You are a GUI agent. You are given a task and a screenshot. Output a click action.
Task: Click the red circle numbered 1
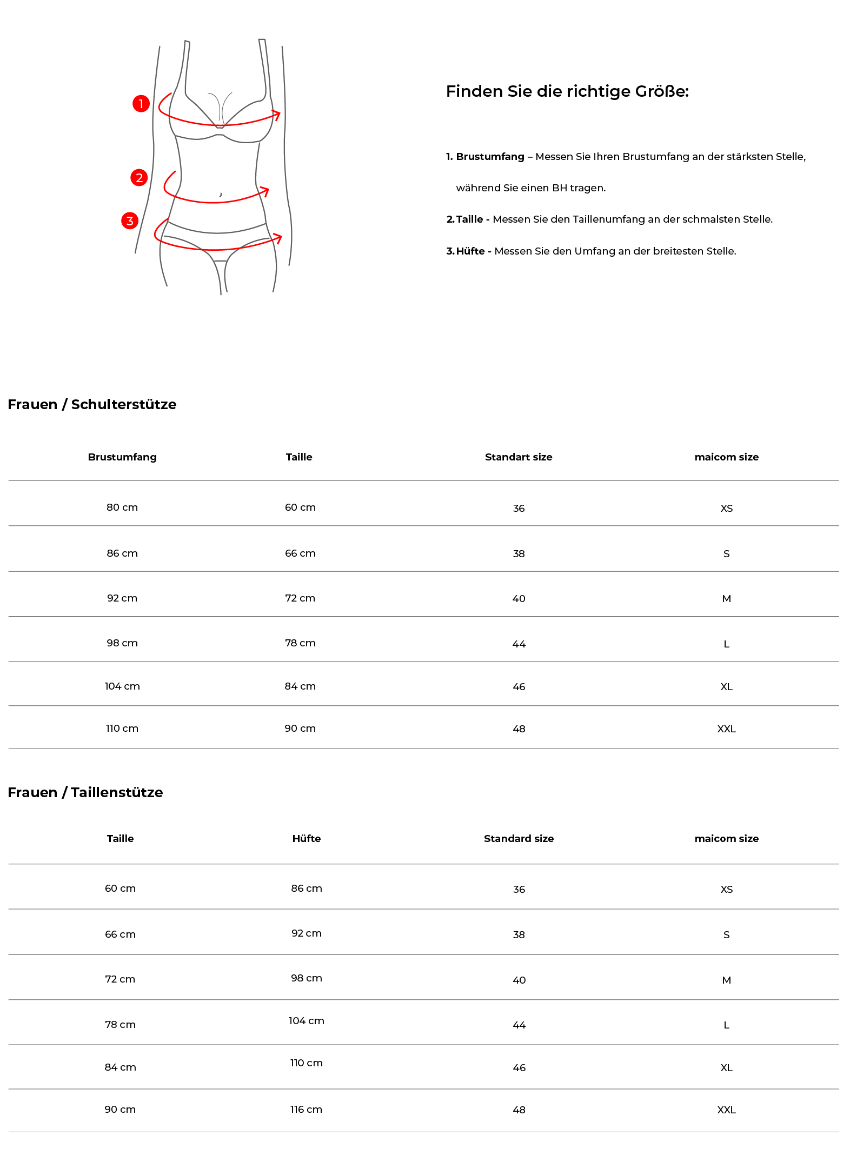(x=141, y=103)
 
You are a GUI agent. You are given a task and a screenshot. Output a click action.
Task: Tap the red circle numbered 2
(x=140, y=177)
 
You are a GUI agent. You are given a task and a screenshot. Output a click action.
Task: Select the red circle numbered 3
(x=130, y=221)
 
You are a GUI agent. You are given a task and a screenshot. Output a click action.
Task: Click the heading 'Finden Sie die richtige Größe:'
(x=567, y=91)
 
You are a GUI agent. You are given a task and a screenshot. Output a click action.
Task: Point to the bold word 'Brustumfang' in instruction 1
(x=490, y=157)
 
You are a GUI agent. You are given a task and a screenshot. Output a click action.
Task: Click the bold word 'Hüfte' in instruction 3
(x=470, y=251)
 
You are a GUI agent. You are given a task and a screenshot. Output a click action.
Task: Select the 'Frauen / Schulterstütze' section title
(x=92, y=404)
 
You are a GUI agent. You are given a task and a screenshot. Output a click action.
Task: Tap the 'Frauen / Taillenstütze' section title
(x=85, y=792)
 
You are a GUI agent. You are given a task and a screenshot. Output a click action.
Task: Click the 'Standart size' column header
(x=518, y=457)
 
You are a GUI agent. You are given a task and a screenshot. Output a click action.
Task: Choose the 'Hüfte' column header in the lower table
(x=307, y=839)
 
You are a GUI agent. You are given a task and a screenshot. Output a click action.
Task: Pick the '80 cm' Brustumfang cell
(x=122, y=507)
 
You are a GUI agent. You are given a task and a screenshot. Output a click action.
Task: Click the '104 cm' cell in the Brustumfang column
(x=122, y=686)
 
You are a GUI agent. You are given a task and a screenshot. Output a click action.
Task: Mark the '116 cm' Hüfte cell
(x=306, y=1110)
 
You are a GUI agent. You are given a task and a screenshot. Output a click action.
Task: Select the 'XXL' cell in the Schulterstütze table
(x=726, y=729)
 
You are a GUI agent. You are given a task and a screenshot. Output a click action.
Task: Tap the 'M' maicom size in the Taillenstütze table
(x=726, y=980)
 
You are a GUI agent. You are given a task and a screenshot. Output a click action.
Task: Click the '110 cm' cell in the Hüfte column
(x=306, y=1063)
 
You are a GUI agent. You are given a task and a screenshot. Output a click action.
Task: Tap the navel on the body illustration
(x=220, y=195)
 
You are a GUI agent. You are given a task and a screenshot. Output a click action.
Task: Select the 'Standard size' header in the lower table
(x=519, y=839)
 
